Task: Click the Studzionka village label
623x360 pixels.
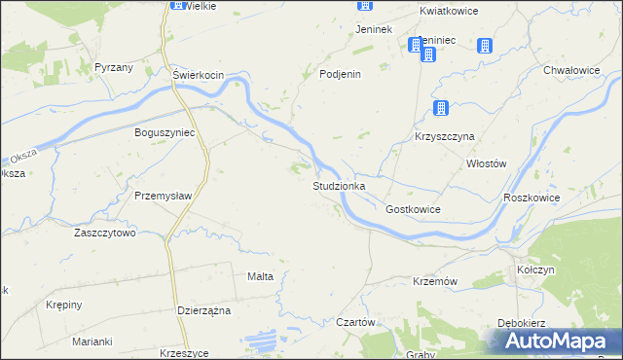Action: click(339, 185)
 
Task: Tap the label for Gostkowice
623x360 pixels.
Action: click(413, 209)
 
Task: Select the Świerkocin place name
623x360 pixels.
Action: click(199, 75)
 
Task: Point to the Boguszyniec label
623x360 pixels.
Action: click(165, 132)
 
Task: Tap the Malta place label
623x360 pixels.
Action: click(260, 276)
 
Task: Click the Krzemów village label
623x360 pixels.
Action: click(435, 280)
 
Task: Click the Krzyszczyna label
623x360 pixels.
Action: click(444, 137)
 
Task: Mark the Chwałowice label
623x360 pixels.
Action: click(571, 70)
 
